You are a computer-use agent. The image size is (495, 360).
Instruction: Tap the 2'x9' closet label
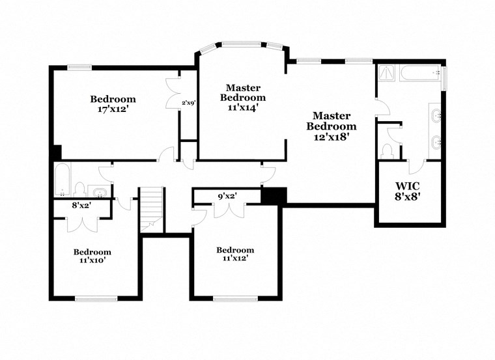189,102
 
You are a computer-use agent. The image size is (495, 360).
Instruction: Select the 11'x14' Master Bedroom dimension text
243,107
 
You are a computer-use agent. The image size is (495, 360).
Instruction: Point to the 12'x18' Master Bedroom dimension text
332,137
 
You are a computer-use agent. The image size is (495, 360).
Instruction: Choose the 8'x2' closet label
81,205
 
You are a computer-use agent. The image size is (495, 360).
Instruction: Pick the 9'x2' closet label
227,195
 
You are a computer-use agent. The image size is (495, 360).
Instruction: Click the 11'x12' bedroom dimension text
234,258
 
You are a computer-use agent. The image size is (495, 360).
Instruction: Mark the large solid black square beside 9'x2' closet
273,195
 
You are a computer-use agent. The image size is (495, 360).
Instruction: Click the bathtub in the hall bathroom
63,180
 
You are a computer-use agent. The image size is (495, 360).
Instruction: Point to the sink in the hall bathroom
99,191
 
